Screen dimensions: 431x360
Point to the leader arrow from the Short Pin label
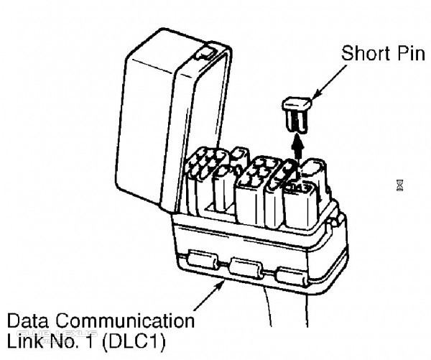point(329,82)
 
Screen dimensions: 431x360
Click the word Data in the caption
point(28,320)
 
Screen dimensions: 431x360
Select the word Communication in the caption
point(125,320)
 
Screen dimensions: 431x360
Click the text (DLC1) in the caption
point(134,342)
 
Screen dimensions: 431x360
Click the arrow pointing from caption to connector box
point(210,295)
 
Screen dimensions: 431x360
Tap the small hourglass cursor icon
point(400,185)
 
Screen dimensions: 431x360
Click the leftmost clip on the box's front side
point(203,259)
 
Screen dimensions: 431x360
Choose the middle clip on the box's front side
point(246,269)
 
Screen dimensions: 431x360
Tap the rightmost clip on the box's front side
point(292,277)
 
